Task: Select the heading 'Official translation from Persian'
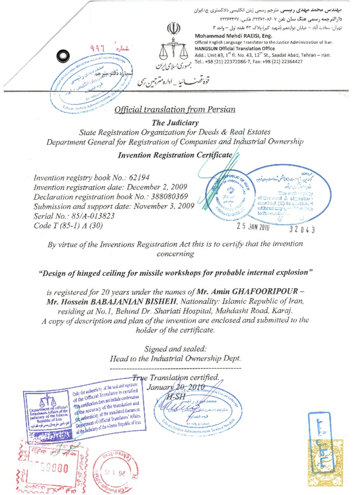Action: [175, 109]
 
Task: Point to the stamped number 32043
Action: [302, 229]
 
